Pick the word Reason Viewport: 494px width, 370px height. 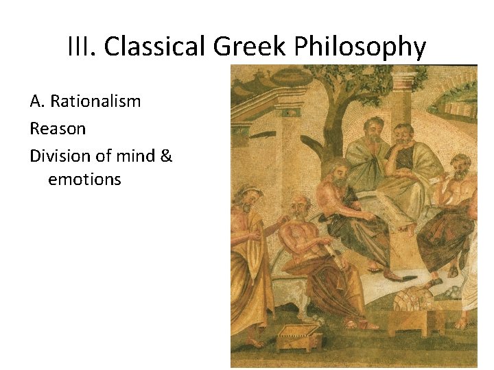(x=58, y=129)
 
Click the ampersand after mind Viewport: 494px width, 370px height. (x=167, y=156)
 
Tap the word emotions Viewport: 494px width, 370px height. (x=84, y=180)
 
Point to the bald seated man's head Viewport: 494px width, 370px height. (x=299, y=204)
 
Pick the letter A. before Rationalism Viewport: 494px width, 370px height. (x=37, y=101)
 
